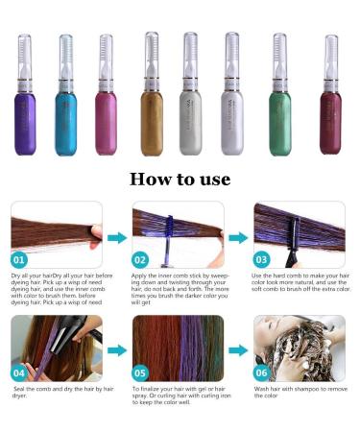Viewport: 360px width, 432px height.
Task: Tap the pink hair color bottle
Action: pyautogui.click(x=104, y=115)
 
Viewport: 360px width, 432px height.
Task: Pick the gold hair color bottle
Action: pyautogui.click(x=152, y=115)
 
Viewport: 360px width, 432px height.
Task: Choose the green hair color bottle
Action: pyautogui.click(x=279, y=115)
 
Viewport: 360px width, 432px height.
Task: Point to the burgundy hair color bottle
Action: pyautogui.click(x=329, y=115)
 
